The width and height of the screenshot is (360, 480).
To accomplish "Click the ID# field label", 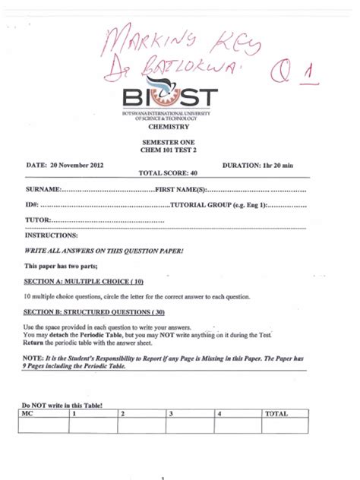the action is pyautogui.click(x=32, y=205).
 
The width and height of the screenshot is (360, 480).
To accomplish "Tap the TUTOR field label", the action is pyautogui.click(x=38, y=221).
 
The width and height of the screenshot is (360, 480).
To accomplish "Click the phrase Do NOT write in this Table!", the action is pyautogui.click(x=62, y=406).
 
